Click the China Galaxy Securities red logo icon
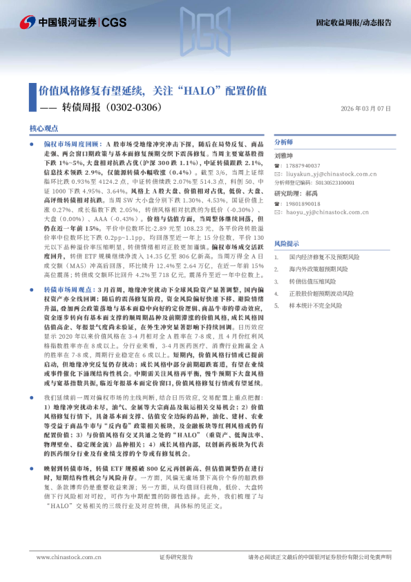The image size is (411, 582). pos(29,23)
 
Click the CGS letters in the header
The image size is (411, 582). pos(115,23)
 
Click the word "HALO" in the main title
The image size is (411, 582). pos(213,91)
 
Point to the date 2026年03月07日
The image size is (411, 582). pos(366,109)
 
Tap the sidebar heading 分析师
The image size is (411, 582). pos(284,141)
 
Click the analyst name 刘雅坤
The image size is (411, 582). pos(284,156)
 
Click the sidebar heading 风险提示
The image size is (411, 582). pos(287,244)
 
